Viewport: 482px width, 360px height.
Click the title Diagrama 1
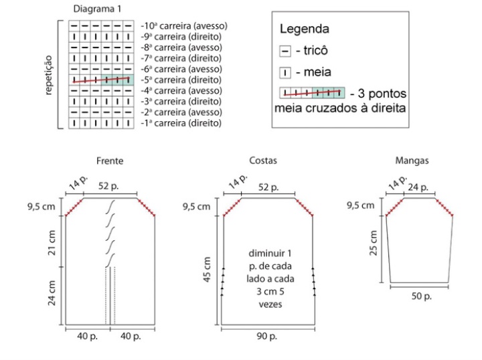pyautogui.click(x=97, y=9)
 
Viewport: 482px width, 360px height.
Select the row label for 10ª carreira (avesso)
pyautogui.click(x=184, y=26)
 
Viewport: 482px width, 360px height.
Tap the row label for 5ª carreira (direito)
pyautogui.click(x=181, y=80)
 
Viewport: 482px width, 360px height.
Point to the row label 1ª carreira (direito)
pyautogui.click(x=181, y=123)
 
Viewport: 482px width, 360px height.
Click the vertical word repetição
pyautogui.click(x=49, y=75)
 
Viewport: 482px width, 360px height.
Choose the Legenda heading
pyautogui.click(x=305, y=29)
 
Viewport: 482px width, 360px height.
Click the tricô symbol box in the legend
pyautogui.click(x=285, y=51)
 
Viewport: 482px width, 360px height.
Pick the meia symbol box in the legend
pyautogui.click(x=285, y=73)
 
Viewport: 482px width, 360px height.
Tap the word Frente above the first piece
pyautogui.click(x=110, y=161)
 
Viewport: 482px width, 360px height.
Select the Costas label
pyautogui.click(x=263, y=161)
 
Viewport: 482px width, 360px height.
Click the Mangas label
pyautogui.click(x=412, y=161)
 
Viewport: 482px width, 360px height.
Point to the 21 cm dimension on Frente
pyautogui.click(x=52, y=243)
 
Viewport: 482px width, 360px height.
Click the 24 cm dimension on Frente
pyautogui.click(x=52, y=293)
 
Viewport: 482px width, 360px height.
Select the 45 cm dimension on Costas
pyautogui.click(x=207, y=270)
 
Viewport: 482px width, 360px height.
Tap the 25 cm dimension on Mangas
pyautogui.click(x=373, y=243)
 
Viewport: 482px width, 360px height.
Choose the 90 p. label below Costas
pyautogui.click(x=267, y=337)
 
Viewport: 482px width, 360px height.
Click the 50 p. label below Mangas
pyautogui.click(x=422, y=296)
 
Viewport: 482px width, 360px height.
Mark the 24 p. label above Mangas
pyautogui.click(x=418, y=187)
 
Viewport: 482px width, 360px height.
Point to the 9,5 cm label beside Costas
pyautogui.click(x=196, y=206)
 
